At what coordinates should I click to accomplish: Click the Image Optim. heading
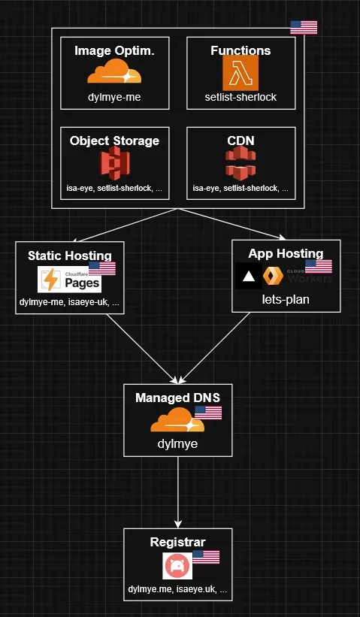point(114,51)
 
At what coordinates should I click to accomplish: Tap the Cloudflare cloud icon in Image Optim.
point(114,73)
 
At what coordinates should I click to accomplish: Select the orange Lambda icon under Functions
point(241,74)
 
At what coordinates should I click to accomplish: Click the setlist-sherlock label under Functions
point(241,98)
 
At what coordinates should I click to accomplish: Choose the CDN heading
point(241,141)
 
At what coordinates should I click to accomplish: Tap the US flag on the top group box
point(304,28)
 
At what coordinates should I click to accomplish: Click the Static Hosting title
point(69,256)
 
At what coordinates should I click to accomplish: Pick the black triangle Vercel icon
point(248,276)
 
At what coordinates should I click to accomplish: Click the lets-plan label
point(286,300)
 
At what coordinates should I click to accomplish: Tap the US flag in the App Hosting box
point(319,267)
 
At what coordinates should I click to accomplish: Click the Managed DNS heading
point(177,398)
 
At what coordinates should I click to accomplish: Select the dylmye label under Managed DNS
point(177,443)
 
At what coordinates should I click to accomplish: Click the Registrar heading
point(177,542)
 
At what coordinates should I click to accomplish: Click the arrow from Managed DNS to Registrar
point(178,492)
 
